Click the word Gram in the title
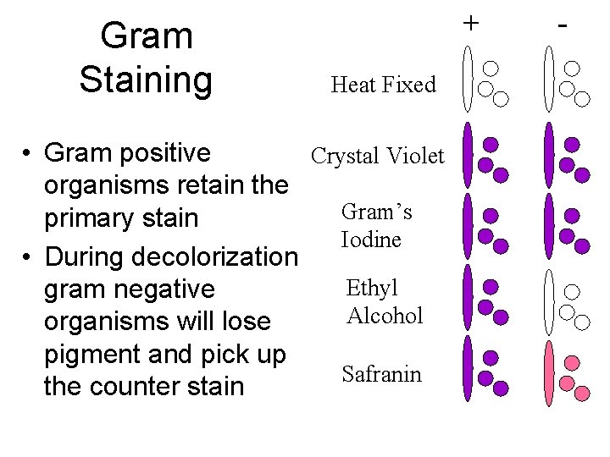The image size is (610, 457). (146, 36)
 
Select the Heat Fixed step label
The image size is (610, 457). (383, 85)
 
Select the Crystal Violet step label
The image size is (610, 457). (377, 157)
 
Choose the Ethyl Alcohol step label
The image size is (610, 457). (384, 301)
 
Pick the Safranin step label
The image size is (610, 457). (381, 374)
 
